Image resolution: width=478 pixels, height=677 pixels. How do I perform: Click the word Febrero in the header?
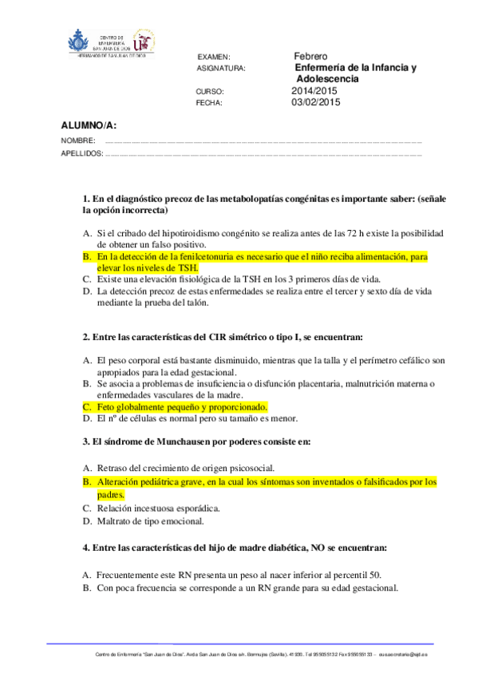(310, 57)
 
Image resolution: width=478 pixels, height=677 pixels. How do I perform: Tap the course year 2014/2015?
(315, 91)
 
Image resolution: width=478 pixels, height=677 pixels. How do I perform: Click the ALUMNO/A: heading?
(89, 125)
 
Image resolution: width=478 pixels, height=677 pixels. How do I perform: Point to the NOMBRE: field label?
(78, 141)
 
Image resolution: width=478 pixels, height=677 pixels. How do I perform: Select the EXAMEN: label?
(214, 57)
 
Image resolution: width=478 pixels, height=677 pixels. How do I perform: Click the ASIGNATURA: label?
(221, 69)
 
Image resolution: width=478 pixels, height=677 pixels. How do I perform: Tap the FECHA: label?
(210, 103)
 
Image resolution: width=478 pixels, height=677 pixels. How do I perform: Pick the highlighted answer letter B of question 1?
(87, 257)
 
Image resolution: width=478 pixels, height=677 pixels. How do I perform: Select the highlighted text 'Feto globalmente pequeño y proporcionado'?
(181, 406)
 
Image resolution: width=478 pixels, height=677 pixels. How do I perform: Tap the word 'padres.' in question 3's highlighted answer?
(112, 494)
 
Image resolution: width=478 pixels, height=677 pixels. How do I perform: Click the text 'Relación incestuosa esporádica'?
(158, 508)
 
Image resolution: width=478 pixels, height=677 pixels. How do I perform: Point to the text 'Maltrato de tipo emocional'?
(151, 521)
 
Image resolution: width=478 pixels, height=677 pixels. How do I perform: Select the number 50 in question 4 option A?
(375, 574)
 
